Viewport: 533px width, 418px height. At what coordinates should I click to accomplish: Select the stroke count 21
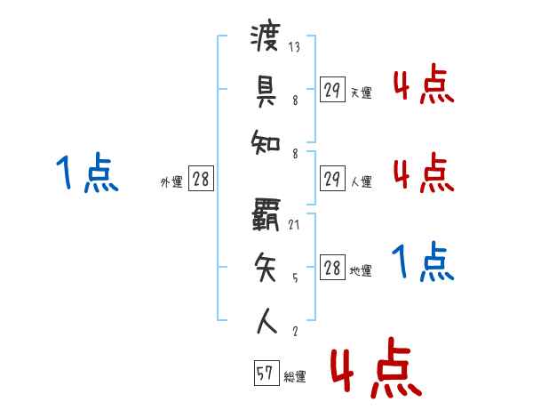294,225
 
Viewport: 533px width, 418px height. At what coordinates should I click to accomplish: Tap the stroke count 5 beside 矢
295,277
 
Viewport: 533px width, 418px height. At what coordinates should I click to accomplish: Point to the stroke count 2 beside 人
295,331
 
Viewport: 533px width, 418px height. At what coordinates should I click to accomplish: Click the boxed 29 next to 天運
332,90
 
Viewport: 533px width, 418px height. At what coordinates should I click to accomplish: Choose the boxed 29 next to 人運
332,179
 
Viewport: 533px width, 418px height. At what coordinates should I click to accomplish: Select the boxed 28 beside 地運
332,268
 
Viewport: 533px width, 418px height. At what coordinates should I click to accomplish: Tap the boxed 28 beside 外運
201,179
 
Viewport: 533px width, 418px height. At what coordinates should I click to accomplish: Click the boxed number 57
265,374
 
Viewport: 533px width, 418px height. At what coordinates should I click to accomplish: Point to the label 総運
295,377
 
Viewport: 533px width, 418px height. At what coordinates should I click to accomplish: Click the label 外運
171,182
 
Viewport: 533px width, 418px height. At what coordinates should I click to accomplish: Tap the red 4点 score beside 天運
424,85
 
